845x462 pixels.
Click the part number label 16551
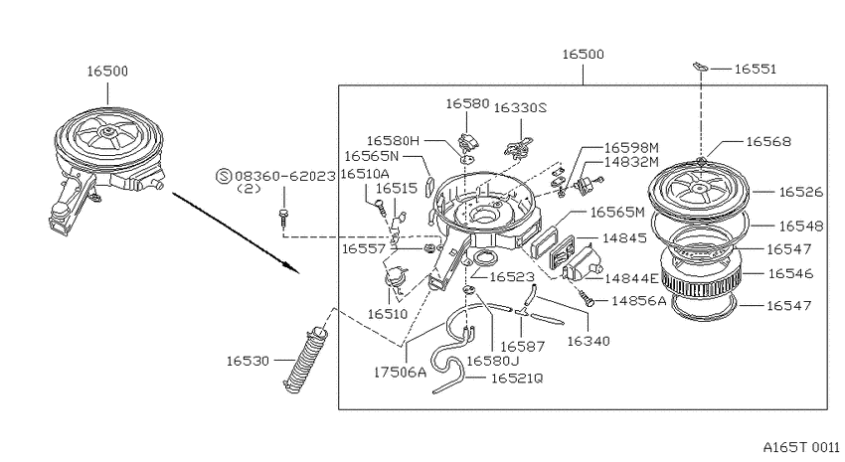[755, 69]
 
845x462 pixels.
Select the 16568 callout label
[768, 142]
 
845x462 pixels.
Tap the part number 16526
[801, 192]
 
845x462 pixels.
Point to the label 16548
[801, 227]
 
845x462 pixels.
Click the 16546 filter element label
[790, 273]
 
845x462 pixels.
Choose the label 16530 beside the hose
[248, 361]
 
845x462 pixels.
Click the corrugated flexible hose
[305, 360]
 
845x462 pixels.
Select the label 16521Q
[517, 379]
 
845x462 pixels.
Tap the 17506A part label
[400, 372]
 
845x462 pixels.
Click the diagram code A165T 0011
[801, 447]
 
